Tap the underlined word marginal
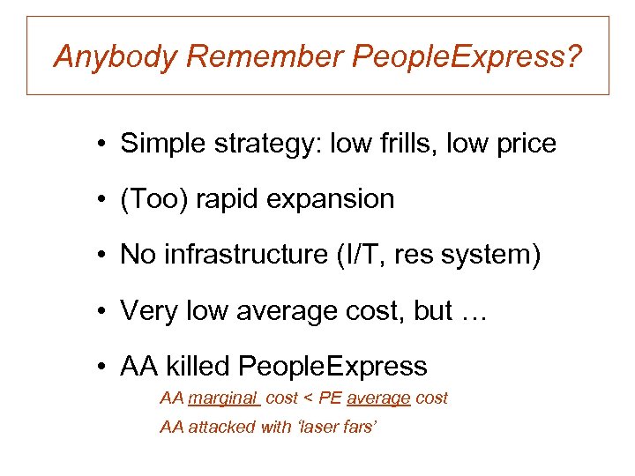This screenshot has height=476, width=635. pyautogui.click(x=223, y=398)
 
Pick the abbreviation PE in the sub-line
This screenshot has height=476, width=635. pyautogui.click(x=330, y=398)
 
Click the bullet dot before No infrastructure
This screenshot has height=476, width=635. pyautogui.click(x=103, y=256)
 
